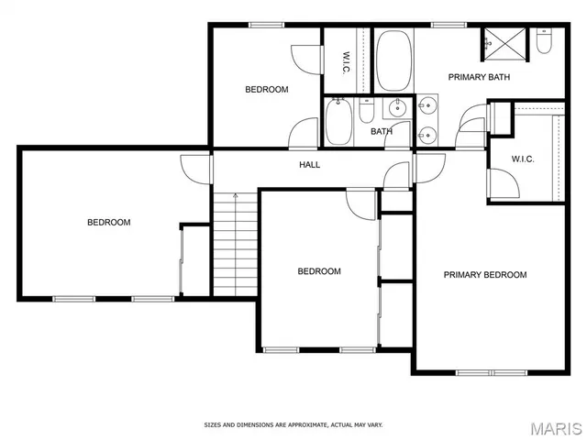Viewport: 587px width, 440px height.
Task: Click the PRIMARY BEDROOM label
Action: pyautogui.click(x=485, y=275)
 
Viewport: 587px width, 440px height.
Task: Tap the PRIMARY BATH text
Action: pyautogui.click(x=479, y=77)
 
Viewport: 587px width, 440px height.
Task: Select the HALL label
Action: pyautogui.click(x=309, y=165)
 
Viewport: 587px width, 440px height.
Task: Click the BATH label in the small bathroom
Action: pyautogui.click(x=382, y=132)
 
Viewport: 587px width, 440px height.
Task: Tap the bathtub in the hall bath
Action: pyautogui.click(x=338, y=122)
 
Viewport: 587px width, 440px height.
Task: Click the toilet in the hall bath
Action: pyautogui.click(x=366, y=113)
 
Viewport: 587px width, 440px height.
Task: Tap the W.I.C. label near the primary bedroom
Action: pyautogui.click(x=522, y=159)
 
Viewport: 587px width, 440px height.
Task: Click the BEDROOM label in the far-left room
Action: pyautogui.click(x=108, y=222)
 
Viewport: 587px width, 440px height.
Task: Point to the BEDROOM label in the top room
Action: pyautogui.click(x=266, y=90)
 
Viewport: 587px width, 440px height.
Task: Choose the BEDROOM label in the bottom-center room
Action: pyautogui.click(x=318, y=271)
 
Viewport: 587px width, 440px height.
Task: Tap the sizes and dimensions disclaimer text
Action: pyautogui.click(x=293, y=425)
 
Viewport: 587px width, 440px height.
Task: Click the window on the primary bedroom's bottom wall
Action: pyautogui.click(x=492, y=372)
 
